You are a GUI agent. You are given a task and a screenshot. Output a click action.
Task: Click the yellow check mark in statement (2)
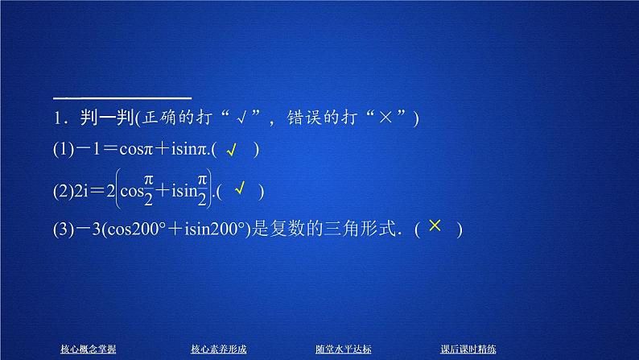(x=240, y=189)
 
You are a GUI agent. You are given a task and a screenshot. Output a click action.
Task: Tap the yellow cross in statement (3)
(x=435, y=227)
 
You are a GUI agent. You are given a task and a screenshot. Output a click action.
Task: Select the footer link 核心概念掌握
(x=89, y=349)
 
